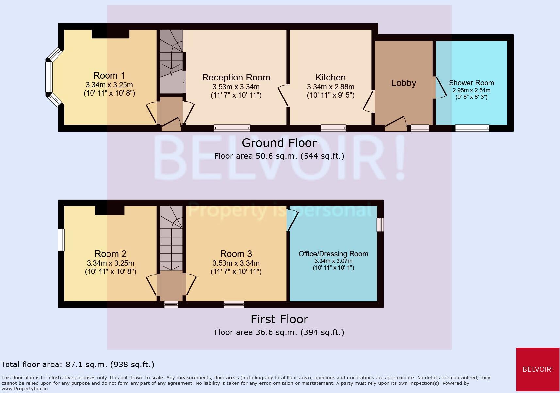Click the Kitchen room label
pos(330,78)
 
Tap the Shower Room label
pos(471,83)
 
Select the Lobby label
pos(404,83)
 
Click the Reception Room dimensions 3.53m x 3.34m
pos(236,87)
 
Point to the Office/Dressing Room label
pos(333,254)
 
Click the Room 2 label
pos(110,254)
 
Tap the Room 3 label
pos(236,254)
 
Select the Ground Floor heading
pos(279,143)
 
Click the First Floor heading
pos(279,319)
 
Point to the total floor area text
pos(78,365)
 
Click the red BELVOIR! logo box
pos(537,369)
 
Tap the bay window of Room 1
pos(49,77)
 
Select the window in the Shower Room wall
pos(472,128)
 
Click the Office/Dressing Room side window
pos(380,225)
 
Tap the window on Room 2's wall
pos(61,240)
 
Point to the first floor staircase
pos(171,237)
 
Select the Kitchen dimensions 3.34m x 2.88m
pos(330,87)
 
